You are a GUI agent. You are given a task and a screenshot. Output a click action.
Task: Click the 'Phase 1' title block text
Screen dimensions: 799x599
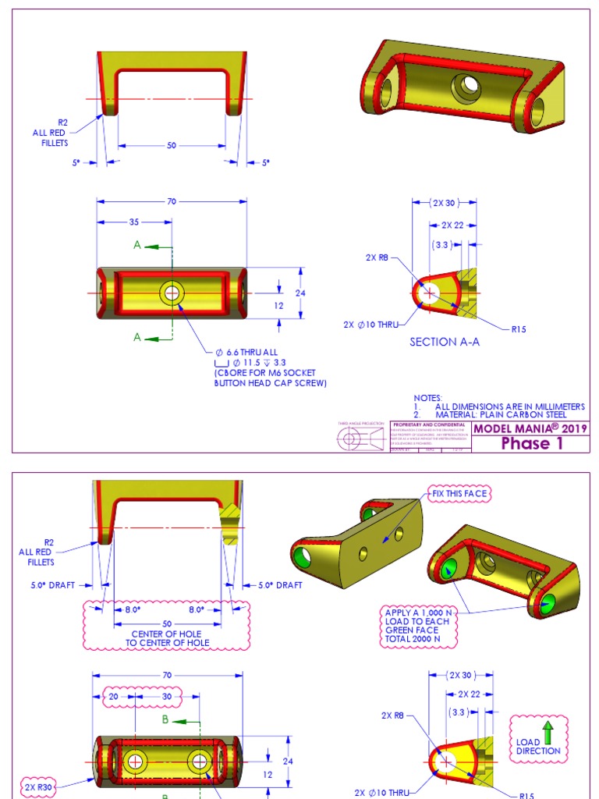pos(531,444)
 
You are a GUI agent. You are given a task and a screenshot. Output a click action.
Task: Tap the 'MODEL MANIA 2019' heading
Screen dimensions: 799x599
pos(530,428)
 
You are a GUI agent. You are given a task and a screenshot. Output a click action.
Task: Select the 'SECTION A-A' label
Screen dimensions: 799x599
pos(442,342)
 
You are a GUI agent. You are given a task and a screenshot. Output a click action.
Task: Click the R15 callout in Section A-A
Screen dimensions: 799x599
pos(519,329)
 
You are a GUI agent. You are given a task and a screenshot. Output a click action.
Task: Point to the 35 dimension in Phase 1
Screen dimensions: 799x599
pos(134,222)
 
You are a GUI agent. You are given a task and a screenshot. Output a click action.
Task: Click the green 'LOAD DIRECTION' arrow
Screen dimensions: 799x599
pos(548,731)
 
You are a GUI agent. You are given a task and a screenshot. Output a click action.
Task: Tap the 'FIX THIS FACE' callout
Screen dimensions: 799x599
pos(459,494)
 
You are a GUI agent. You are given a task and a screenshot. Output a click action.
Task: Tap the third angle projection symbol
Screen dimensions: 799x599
pos(360,439)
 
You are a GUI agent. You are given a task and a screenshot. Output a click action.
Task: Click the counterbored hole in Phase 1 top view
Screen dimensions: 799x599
pos(171,293)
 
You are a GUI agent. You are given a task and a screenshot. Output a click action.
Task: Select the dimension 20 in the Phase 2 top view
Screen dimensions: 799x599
pos(113,697)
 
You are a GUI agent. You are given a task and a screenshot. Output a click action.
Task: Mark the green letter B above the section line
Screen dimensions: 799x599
pos(165,720)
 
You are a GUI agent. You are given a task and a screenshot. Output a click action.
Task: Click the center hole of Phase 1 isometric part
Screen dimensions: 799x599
pos(468,86)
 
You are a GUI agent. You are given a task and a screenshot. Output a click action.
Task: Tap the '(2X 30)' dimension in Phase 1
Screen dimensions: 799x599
pos(444,203)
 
